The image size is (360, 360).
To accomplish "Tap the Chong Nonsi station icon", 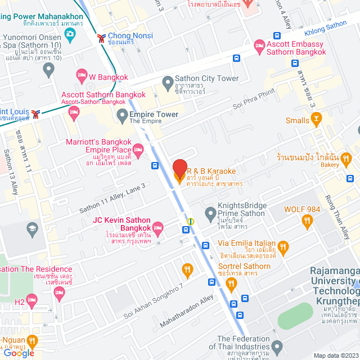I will coord(101,38).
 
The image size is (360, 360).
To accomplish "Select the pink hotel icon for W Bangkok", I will coord(82,75).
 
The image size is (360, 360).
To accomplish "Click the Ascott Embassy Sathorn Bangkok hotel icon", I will coord(259,45).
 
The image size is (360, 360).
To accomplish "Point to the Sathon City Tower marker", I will coord(167,83).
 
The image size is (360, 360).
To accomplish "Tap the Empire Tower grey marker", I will coord(122,116).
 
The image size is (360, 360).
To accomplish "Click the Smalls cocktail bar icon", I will coord(317,119).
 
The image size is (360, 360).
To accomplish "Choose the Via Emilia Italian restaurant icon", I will coord(283,246).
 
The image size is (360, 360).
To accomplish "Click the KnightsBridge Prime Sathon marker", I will coord(210,213).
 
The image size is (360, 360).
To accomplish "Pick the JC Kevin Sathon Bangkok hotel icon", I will coord(158,228).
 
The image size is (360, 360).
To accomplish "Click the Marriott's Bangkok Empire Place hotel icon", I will coord(138,150).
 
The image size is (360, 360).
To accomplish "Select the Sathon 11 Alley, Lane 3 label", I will coord(112,199).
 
